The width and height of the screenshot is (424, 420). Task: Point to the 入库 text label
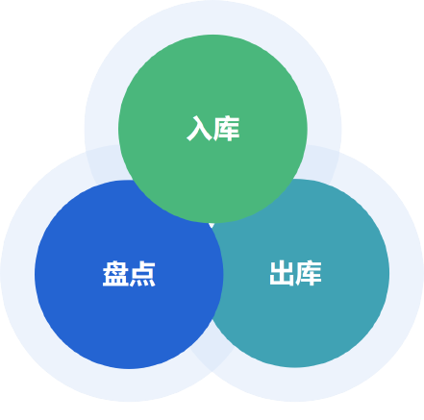pyautogui.click(x=213, y=129)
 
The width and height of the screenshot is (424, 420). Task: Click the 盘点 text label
pyautogui.click(x=129, y=274)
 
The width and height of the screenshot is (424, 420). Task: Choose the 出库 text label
pyautogui.click(x=295, y=273)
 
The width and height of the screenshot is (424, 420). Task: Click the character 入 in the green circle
pyautogui.click(x=199, y=129)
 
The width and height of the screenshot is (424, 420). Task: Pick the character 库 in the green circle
pyautogui.click(x=227, y=129)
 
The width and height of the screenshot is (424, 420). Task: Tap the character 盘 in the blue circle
pyautogui.click(x=115, y=274)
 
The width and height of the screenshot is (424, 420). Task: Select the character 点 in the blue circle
pyautogui.click(x=142, y=274)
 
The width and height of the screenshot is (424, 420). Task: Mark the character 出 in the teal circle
pyautogui.click(x=282, y=273)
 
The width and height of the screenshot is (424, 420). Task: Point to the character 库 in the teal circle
pyautogui.click(x=309, y=273)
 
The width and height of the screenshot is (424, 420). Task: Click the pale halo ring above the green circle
pyautogui.click(x=212, y=17)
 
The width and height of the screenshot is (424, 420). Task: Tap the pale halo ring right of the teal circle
pyautogui.click(x=407, y=273)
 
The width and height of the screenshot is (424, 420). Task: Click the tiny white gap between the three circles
pyautogui.click(x=212, y=225)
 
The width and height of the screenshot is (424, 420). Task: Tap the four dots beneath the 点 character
pyautogui.click(x=142, y=283)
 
